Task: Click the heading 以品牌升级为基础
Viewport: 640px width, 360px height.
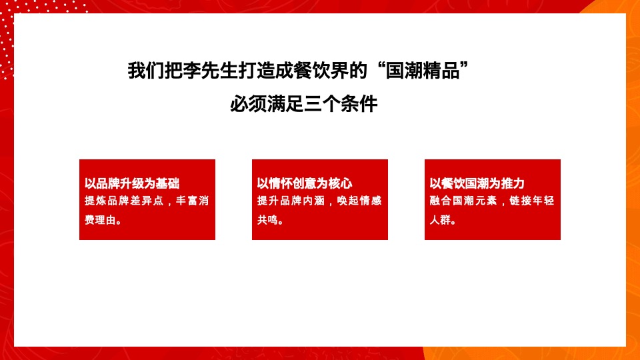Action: (x=131, y=184)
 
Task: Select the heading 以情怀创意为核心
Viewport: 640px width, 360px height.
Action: (x=304, y=184)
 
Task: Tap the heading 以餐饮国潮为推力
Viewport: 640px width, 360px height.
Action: (x=477, y=184)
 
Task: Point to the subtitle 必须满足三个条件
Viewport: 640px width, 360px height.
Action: (x=303, y=105)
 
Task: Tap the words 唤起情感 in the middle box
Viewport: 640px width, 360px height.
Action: (x=360, y=201)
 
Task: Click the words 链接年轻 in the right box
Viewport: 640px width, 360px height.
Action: (x=533, y=201)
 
